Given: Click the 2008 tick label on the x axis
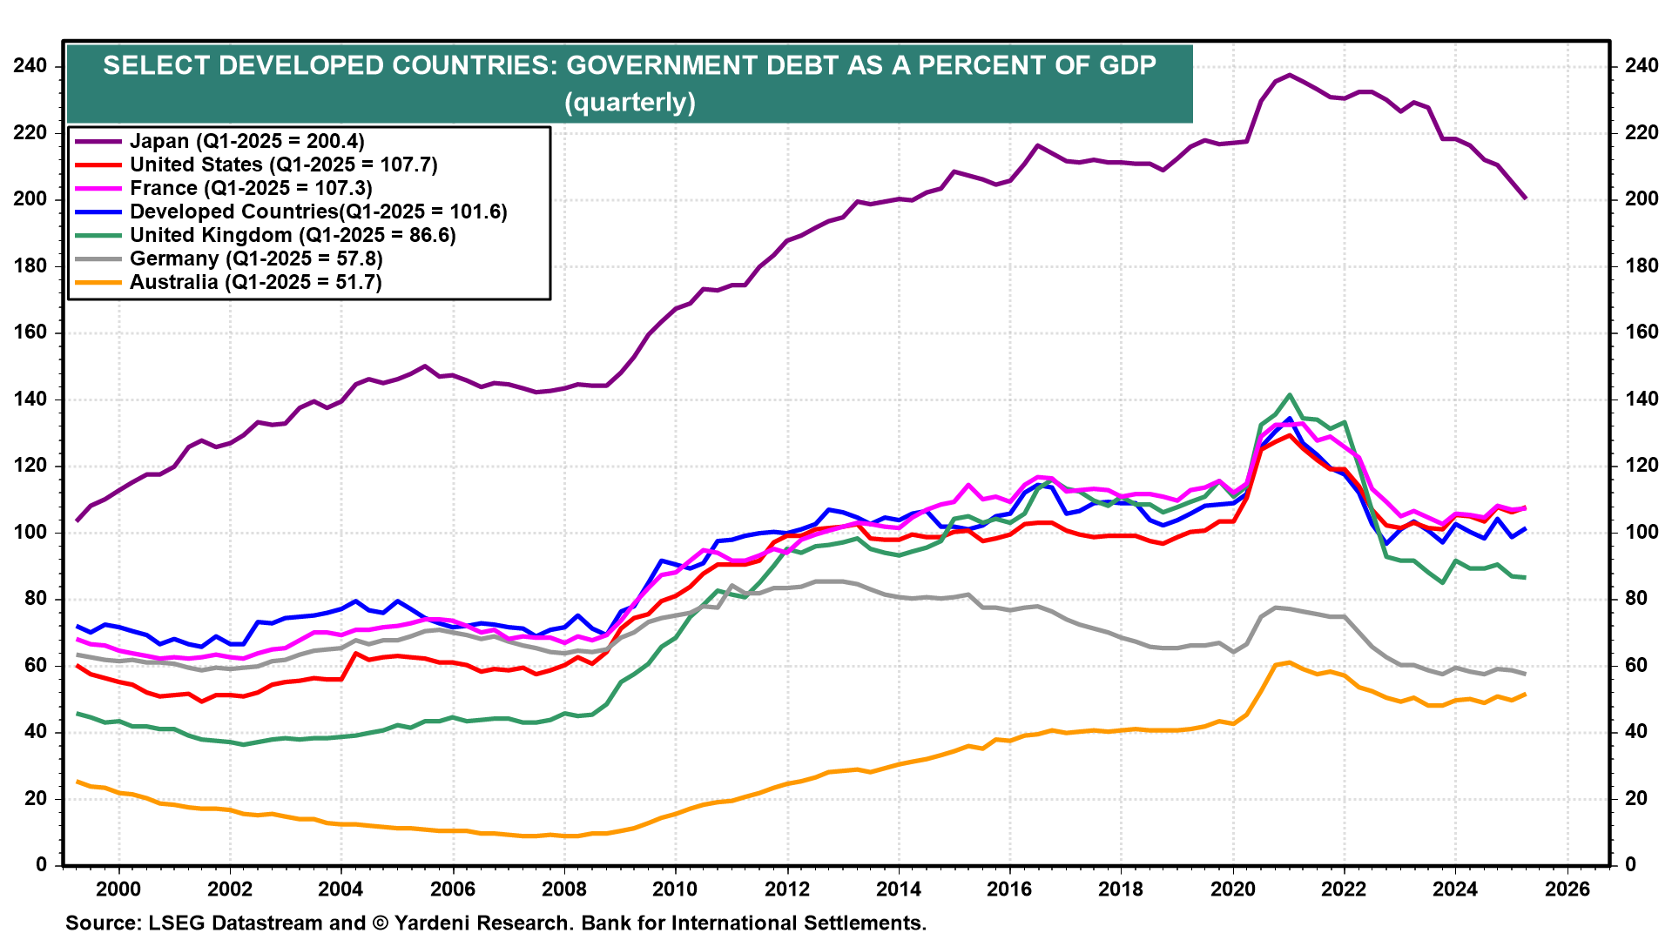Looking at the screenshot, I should click(x=564, y=889).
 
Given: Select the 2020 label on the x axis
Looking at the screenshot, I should click(x=1233, y=889).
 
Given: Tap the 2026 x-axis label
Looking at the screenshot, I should click(x=1567, y=889).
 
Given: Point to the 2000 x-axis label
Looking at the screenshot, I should click(x=118, y=889).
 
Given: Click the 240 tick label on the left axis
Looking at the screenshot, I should click(x=31, y=66).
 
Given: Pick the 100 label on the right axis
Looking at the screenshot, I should click(x=1641, y=533).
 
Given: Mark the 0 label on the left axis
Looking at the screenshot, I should click(x=42, y=865).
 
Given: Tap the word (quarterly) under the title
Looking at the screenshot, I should click(x=630, y=103).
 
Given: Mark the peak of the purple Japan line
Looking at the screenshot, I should click(x=1290, y=75).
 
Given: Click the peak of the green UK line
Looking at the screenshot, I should click(x=1290, y=395).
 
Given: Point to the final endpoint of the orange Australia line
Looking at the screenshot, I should click(x=1525, y=694).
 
